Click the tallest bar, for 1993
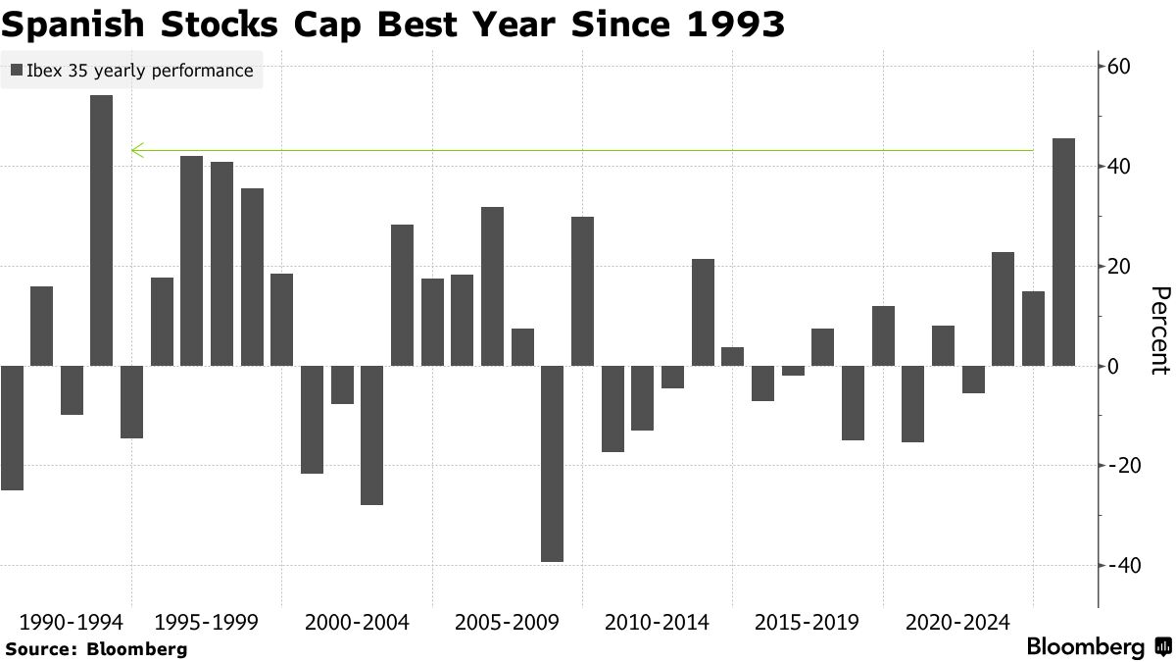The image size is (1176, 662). (x=101, y=230)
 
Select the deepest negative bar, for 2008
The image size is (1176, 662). (x=552, y=463)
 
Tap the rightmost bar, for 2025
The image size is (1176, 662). (x=1063, y=252)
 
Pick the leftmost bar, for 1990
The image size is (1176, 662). (x=12, y=428)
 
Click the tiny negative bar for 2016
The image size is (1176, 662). (x=793, y=371)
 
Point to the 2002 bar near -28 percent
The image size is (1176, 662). (x=371, y=435)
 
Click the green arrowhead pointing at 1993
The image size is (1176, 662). (x=137, y=150)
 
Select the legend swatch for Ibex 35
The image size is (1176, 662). (x=16, y=71)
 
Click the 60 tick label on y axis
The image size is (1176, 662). (x=1120, y=67)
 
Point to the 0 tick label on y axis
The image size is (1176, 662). (x=1114, y=366)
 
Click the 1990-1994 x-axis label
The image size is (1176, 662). (x=71, y=623)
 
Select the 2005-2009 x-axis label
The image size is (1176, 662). (x=507, y=623)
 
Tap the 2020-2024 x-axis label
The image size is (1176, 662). (x=957, y=623)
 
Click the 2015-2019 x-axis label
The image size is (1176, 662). (x=807, y=623)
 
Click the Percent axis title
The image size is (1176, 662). (x=1160, y=331)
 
